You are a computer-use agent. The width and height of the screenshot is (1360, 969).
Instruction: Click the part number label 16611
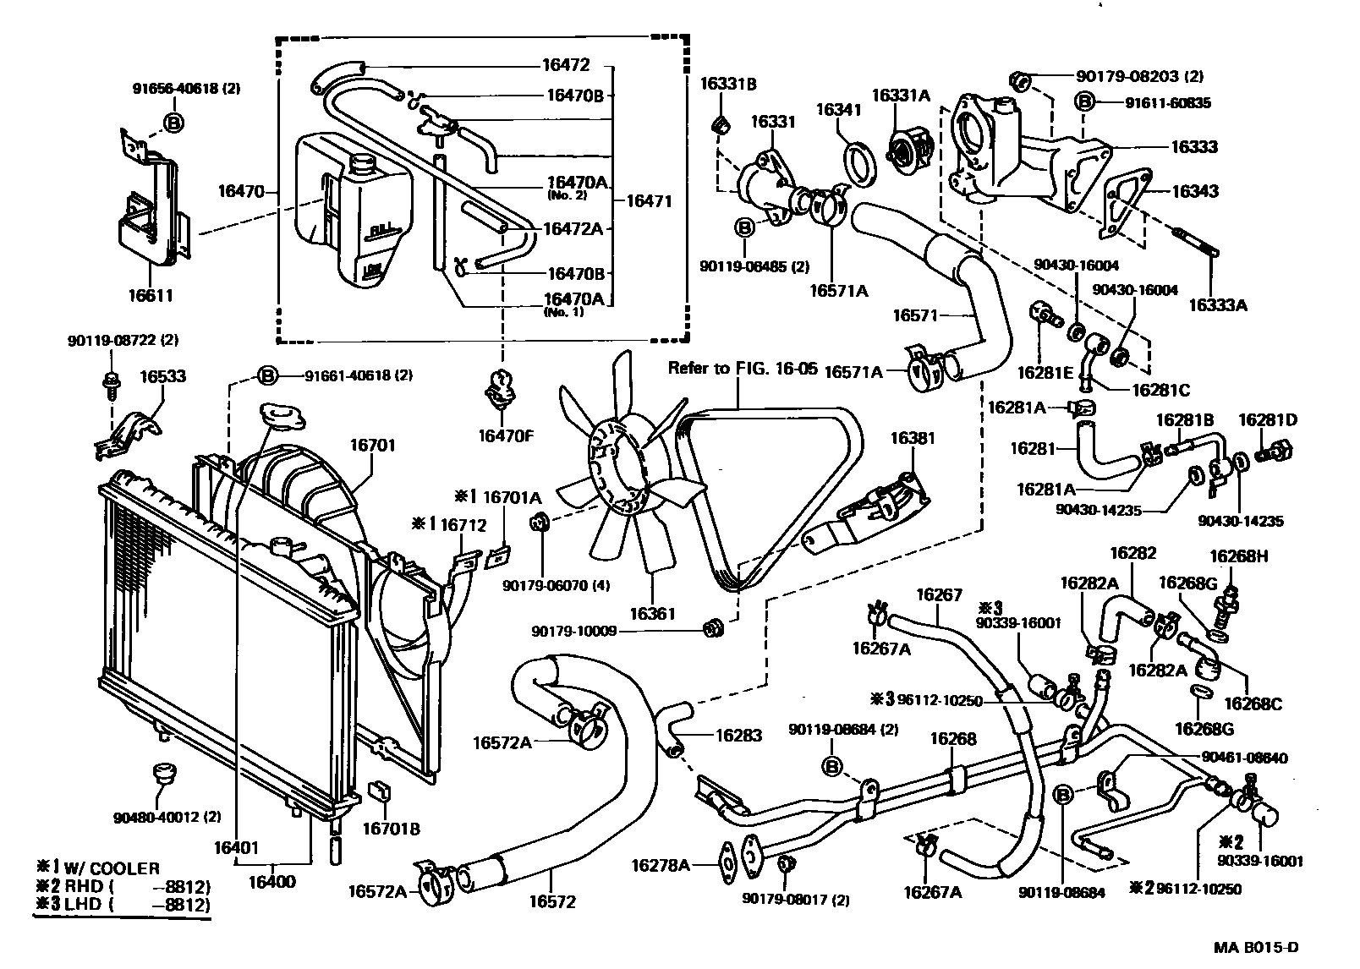coord(151,296)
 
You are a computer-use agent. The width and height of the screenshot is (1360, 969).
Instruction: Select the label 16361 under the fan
coord(651,613)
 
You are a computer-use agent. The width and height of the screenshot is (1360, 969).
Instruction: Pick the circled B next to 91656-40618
coord(173,123)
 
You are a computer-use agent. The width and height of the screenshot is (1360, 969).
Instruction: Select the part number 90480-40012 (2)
coord(167,818)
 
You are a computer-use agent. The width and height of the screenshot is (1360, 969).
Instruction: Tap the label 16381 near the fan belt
coord(912,438)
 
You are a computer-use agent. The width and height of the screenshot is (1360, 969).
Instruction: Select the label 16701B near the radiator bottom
coord(392,829)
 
